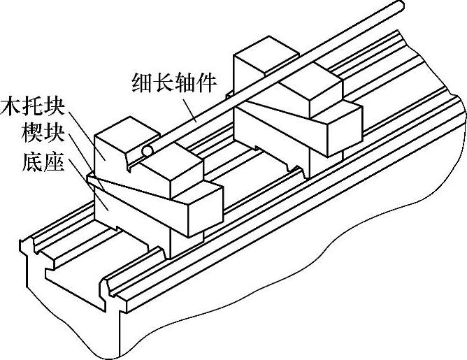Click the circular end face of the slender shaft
point(147,151)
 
